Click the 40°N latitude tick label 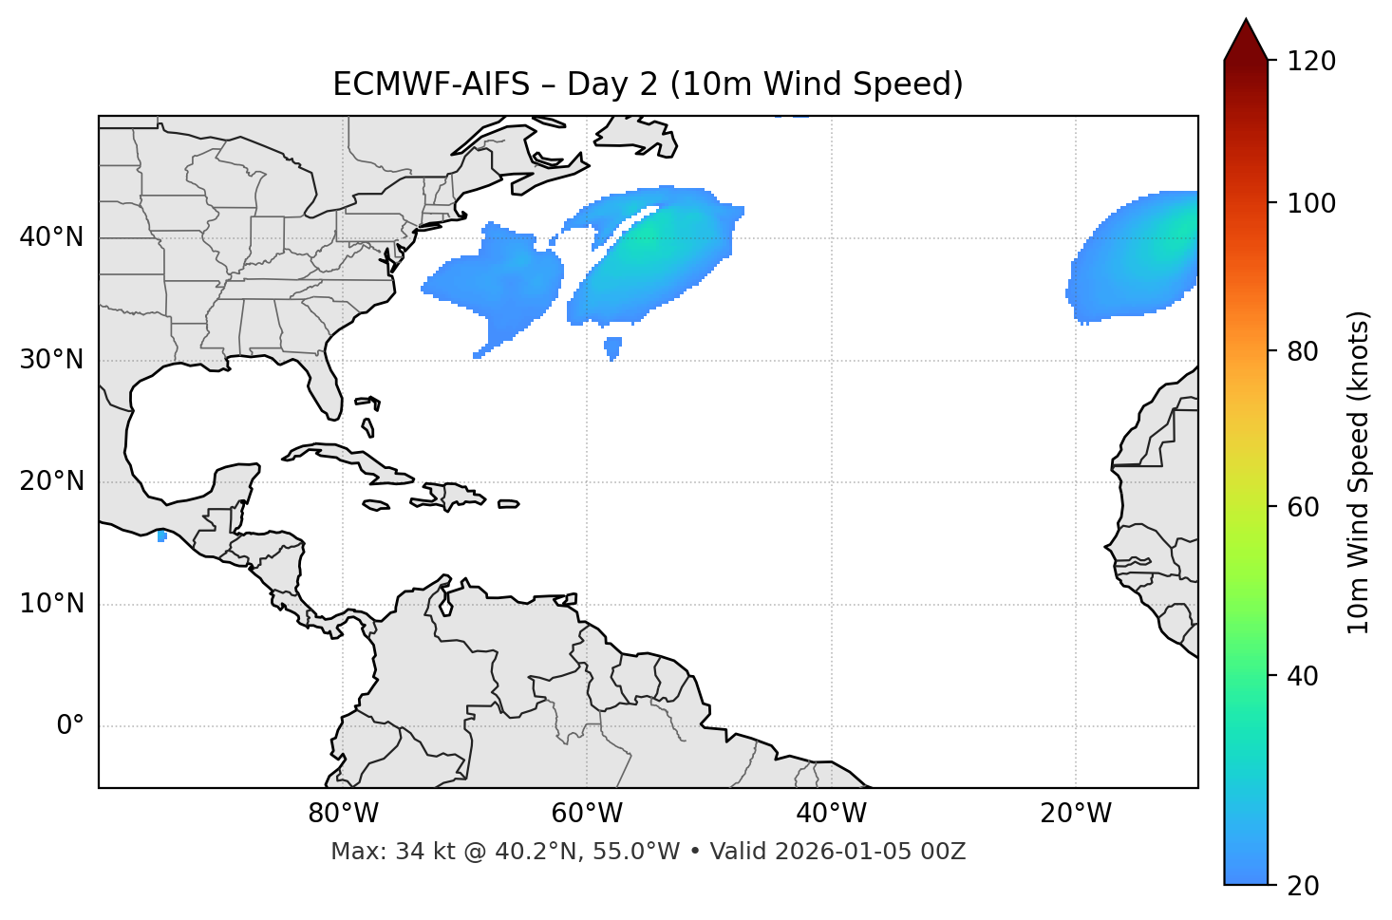point(51,237)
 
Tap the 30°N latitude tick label point(51,360)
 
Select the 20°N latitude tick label point(51,481)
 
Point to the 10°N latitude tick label point(51,604)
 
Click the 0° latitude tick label point(69,726)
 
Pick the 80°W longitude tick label point(343,814)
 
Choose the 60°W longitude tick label point(587,814)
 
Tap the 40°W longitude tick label point(831,814)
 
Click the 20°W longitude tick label point(1075,814)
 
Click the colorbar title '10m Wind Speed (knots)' point(1358,473)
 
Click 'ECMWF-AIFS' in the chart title point(430,84)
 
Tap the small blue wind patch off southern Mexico point(162,536)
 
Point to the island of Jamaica point(377,505)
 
